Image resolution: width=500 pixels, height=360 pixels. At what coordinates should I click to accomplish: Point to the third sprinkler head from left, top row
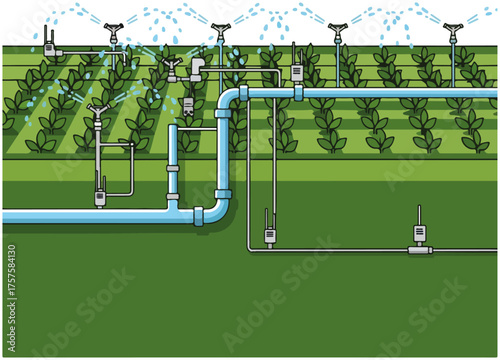(x=338, y=30)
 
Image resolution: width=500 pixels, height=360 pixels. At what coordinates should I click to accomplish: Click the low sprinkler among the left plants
(x=96, y=111)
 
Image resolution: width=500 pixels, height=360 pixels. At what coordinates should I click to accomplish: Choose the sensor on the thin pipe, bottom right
(x=420, y=234)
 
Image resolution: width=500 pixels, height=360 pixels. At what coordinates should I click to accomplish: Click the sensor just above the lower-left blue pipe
(x=99, y=195)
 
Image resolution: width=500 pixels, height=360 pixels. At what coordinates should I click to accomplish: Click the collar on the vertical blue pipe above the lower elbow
(x=223, y=193)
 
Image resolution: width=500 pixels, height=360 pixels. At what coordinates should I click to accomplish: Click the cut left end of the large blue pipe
(x=5, y=215)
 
